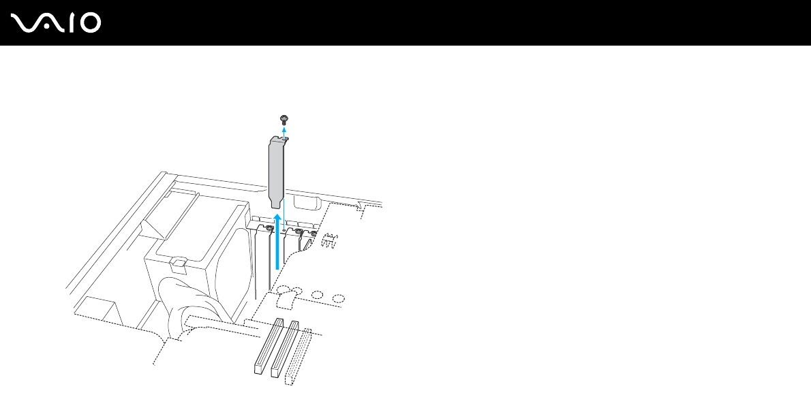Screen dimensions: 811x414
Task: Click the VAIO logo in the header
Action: click(x=56, y=24)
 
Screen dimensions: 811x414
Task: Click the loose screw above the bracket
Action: click(x=284, y=120)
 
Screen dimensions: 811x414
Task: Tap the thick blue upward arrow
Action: click(x=277, y=242)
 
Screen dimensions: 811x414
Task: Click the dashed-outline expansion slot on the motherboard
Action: click(x=299, y=355)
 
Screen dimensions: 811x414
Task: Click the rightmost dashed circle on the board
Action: click(x=339, y=298)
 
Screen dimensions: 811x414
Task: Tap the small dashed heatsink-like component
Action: click(x=331, y=240)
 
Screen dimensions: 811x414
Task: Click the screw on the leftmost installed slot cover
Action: click(x=270, y=229)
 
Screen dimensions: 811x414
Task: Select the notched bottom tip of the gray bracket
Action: click(x=275, y=202)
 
